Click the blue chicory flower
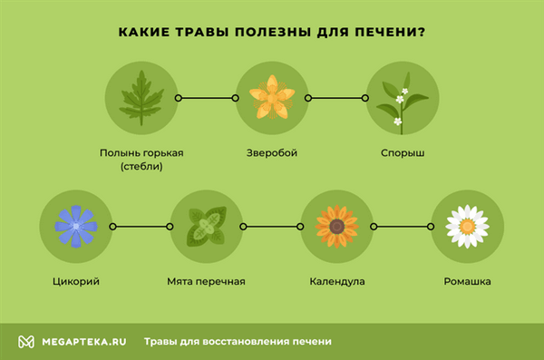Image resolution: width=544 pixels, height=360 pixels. pyautogui.click(x=76, y=226)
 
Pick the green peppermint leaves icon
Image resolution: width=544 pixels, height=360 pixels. pyautogui.click(x=207, y=226)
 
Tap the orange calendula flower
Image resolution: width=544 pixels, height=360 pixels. pyautogui.click(x=336, y=226)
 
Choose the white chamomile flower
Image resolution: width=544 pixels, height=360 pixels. pyautogui.click(x=467, y=226)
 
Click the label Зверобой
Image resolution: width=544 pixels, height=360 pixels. pyautogui.click(x=271, y=153)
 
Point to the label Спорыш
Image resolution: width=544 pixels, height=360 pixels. pyautogui.click(x=402, y=153)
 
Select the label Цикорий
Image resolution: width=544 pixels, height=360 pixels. pyautogui.click(x=76, y=282)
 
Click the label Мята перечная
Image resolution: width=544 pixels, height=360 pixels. pyautogui.click(x=207, y=282)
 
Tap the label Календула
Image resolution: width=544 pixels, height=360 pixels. pyautogui.click(x=336, y=282)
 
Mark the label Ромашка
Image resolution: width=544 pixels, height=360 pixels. pyautogui.click(x=467, y=282)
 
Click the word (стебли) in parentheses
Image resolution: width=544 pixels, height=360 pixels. pyautogui.click(x=141, y=167)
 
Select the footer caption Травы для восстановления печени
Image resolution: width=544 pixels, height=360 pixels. pyautogui.click(x=237, y=342)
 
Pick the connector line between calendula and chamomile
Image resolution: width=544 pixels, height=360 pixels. pyautogui.click(x=402, y=226)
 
